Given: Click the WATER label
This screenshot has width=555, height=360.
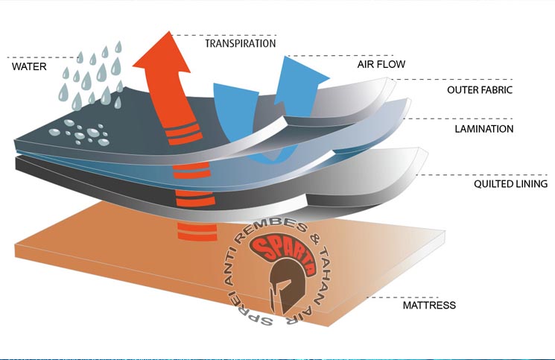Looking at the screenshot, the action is point(30,66).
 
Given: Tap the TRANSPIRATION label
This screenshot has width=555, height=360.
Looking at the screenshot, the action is point(241,43).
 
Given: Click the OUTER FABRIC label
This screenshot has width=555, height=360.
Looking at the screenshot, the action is point(480,90).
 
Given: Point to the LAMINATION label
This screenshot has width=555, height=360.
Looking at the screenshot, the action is point(484,129).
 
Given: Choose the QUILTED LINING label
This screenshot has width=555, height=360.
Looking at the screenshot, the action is point(510,184).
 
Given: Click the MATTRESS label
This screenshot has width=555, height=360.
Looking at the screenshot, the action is point(428,306).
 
